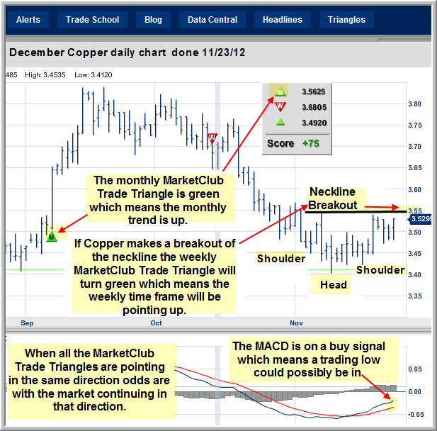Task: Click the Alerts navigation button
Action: point(28,20)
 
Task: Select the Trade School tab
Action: point(92,20)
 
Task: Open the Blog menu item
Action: point(153,20)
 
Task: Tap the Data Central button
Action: point(212,20)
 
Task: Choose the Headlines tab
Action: point(283,20)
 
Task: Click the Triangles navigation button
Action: point(346,20)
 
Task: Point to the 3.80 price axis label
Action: point(415,104)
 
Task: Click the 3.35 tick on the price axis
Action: point(415,296)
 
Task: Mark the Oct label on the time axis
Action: point(156,323)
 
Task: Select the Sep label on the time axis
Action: point(27,323)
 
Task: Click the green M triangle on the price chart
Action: point(52,236)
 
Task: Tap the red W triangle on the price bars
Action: point(212,138)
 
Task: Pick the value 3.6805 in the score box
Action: point(314,107)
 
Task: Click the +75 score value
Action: point(311,143)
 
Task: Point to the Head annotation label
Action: point(334,285)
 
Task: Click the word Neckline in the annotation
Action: point(332,191)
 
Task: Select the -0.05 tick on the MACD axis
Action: point(416,414)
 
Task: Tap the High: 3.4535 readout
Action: point(45,74)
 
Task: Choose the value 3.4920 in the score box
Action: point(314,123)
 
